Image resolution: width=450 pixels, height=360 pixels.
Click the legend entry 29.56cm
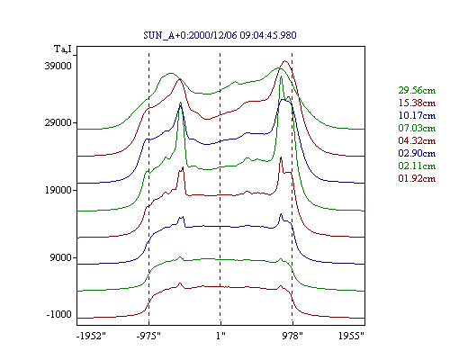[x=417, y=90]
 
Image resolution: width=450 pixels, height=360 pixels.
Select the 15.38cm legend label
[x=417, y=103]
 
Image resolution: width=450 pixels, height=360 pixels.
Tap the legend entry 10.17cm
[x=417, y=115]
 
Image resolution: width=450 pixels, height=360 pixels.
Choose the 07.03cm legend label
[x=417, y=128]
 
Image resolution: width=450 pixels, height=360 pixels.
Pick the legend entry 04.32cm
[x=417, y=140]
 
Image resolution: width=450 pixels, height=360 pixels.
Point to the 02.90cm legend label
[x=417, y=153]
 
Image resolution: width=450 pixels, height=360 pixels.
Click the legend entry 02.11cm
[x=417, y=166]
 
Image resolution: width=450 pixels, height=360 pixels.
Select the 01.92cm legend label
[x=417, y=178]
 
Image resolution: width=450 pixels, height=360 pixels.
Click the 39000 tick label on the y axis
[x=58, y=66]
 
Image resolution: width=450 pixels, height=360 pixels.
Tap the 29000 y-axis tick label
[x=58, y=122]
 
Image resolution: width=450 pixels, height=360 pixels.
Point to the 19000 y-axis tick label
[x=58, y=190]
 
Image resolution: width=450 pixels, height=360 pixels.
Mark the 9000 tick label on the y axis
[x=61, y=257]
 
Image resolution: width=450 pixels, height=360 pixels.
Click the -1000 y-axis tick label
[x=58, y=314]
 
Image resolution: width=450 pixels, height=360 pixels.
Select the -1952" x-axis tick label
[x=91, y=336]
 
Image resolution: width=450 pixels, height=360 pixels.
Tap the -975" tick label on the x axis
[x=148, y=336]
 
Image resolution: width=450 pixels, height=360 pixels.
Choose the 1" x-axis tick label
[x=220, y=336]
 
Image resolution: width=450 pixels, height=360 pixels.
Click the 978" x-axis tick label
[x=292, y=336]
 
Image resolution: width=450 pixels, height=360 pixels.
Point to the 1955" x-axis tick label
[x=351, y=336]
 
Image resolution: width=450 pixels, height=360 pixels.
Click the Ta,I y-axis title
[x=63, y=49]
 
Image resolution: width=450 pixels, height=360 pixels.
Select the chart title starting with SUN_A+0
[x=220, y=35]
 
